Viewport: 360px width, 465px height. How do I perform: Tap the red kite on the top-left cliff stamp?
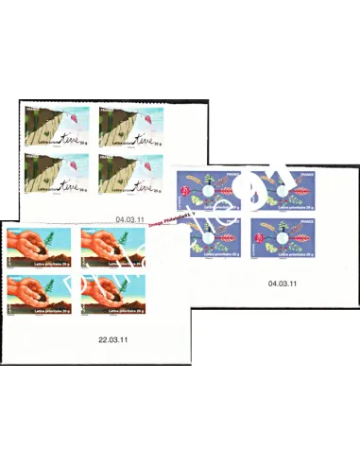click(85, 122)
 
